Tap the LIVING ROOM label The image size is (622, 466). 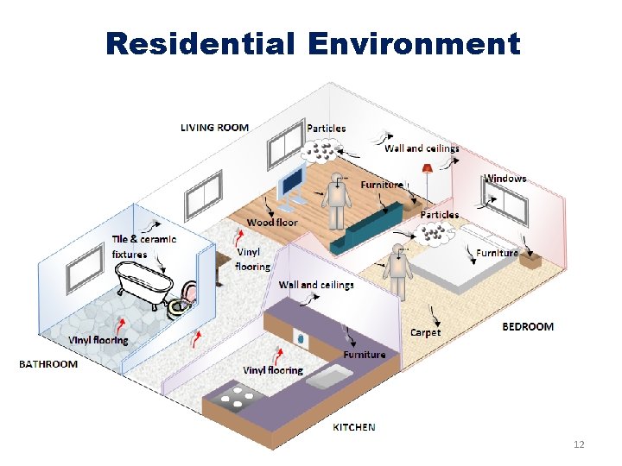tap(214, 128)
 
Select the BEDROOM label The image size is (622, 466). tap(528, 327)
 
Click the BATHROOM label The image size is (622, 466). tap(48, 364)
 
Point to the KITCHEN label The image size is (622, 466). tap(354, 427)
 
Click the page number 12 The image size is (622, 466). tap(579, 444)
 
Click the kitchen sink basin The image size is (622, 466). tap(328, 375)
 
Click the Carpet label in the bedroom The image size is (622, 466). tap(425, 332)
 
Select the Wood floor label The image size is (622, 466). tap(272, 223)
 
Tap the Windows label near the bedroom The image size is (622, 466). tap(505, 179)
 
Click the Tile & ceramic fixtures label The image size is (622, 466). tap(143, 247)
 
